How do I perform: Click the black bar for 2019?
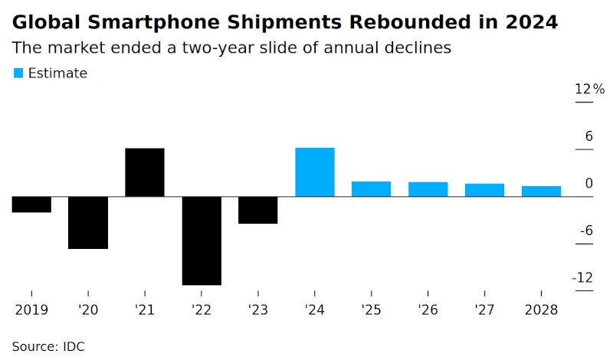(x=31, y=205)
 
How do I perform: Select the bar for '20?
(x=88, y=222)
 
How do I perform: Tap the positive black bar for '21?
(x=145, y=172)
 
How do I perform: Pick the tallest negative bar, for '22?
(x=202, y=241)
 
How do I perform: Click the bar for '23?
(x=258, y=210)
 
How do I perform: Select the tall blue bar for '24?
(x=315, y=172)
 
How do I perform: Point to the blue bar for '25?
(x=372, y=189)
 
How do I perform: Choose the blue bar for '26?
(x=428, y=189)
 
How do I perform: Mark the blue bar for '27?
(x=484, y=190)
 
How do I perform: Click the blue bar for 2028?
(x=541, y=191)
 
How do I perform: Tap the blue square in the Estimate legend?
(x=18, y=73)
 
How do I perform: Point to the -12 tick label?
(x=584, y=277)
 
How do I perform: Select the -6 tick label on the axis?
(x=585, y=231)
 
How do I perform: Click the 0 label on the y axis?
(x=588, y=183)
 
